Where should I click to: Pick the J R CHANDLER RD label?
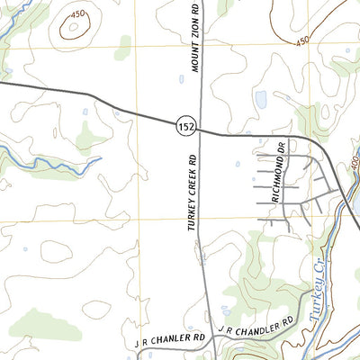[256, 323]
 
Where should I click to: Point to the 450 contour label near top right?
[301, 40]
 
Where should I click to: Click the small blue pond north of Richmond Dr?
[260, 99]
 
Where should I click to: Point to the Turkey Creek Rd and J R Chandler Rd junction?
[210, 330]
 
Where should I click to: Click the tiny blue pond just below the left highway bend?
[86, 112]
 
